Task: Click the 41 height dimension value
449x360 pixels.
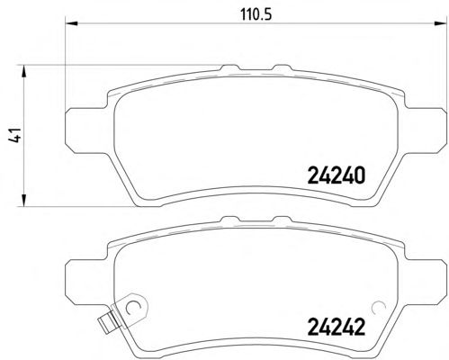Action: click(x=14, y=135)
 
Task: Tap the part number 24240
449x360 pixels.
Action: click(x=337, y=175)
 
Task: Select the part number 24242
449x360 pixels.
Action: click(x=337, y=327)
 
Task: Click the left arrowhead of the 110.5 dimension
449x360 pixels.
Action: click(x=71, y=23)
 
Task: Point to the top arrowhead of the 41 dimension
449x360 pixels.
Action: click(x=23, y=71)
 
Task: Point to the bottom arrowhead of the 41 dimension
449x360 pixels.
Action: click(x=23, y=200)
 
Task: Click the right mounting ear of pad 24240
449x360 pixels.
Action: click(x=426, y=130)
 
